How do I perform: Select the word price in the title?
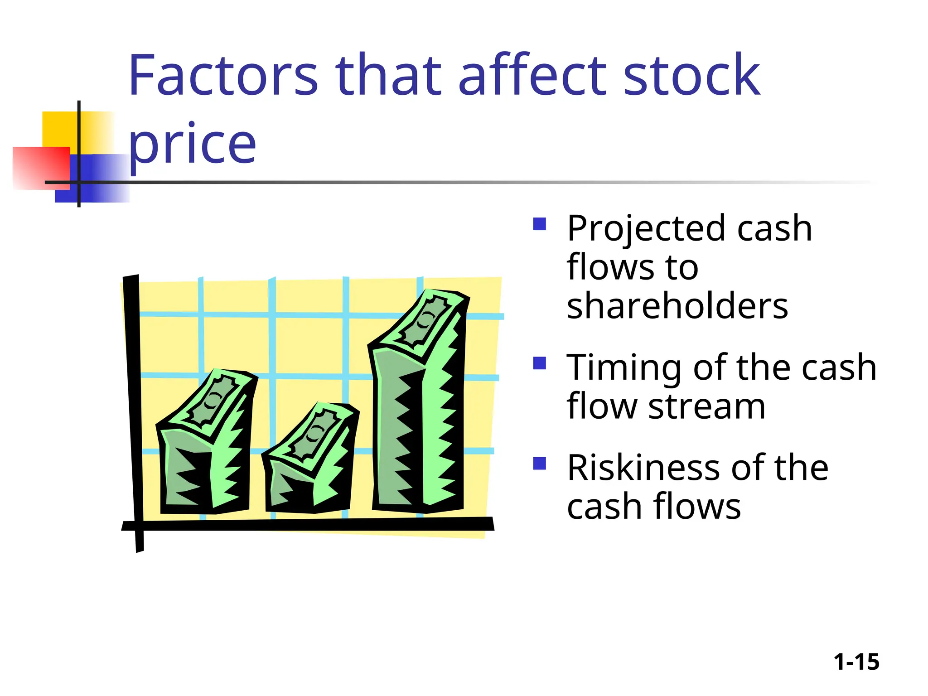tap(193, 144)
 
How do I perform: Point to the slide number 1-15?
tap(856, 662)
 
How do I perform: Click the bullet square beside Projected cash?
tap(539, 224)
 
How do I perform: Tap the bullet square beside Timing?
tap(539, 363)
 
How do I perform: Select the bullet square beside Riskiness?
tap(539, 463)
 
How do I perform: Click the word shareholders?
tap(677, 306)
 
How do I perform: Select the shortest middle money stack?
tap(310, 471)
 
